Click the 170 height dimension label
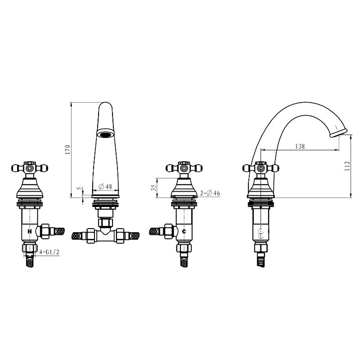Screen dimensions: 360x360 coord(67,150)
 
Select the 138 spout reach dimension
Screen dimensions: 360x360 coord(300,146)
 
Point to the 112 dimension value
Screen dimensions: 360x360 coord(347,166)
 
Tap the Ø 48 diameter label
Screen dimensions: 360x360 coord(105,186)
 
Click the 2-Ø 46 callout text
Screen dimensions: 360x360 coord(210,193)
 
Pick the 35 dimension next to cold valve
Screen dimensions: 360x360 coord(154,187)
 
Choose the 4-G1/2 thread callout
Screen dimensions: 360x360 coord(49,252)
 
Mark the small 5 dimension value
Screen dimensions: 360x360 coord(80,188)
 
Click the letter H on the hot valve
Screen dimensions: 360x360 coord(30,231)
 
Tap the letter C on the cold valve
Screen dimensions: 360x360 coord(184,231)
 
